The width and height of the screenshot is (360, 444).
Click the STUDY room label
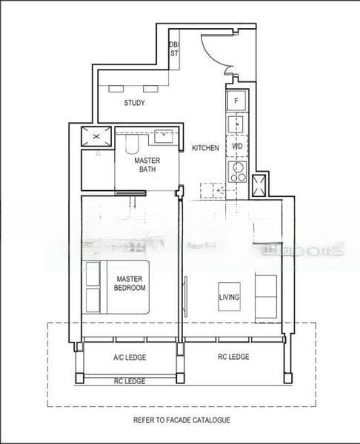click(x=134, y=103)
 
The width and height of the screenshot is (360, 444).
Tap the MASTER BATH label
click(x=147, y=164)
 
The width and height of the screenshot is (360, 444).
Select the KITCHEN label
click(x=205, y=148)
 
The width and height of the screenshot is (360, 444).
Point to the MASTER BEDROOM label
click(x=130, y=283)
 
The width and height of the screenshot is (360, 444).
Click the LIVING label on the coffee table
click(x=229, y=297)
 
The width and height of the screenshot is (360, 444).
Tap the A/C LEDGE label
click(x=130, y=357)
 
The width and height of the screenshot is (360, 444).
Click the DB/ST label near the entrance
click(x=174, y=49)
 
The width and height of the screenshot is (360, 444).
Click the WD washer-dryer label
click(x=237, y=147)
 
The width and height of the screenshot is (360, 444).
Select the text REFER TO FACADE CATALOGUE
click(x=182, y=420)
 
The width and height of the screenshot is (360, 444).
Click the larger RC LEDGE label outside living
click(x=234, y=357)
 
